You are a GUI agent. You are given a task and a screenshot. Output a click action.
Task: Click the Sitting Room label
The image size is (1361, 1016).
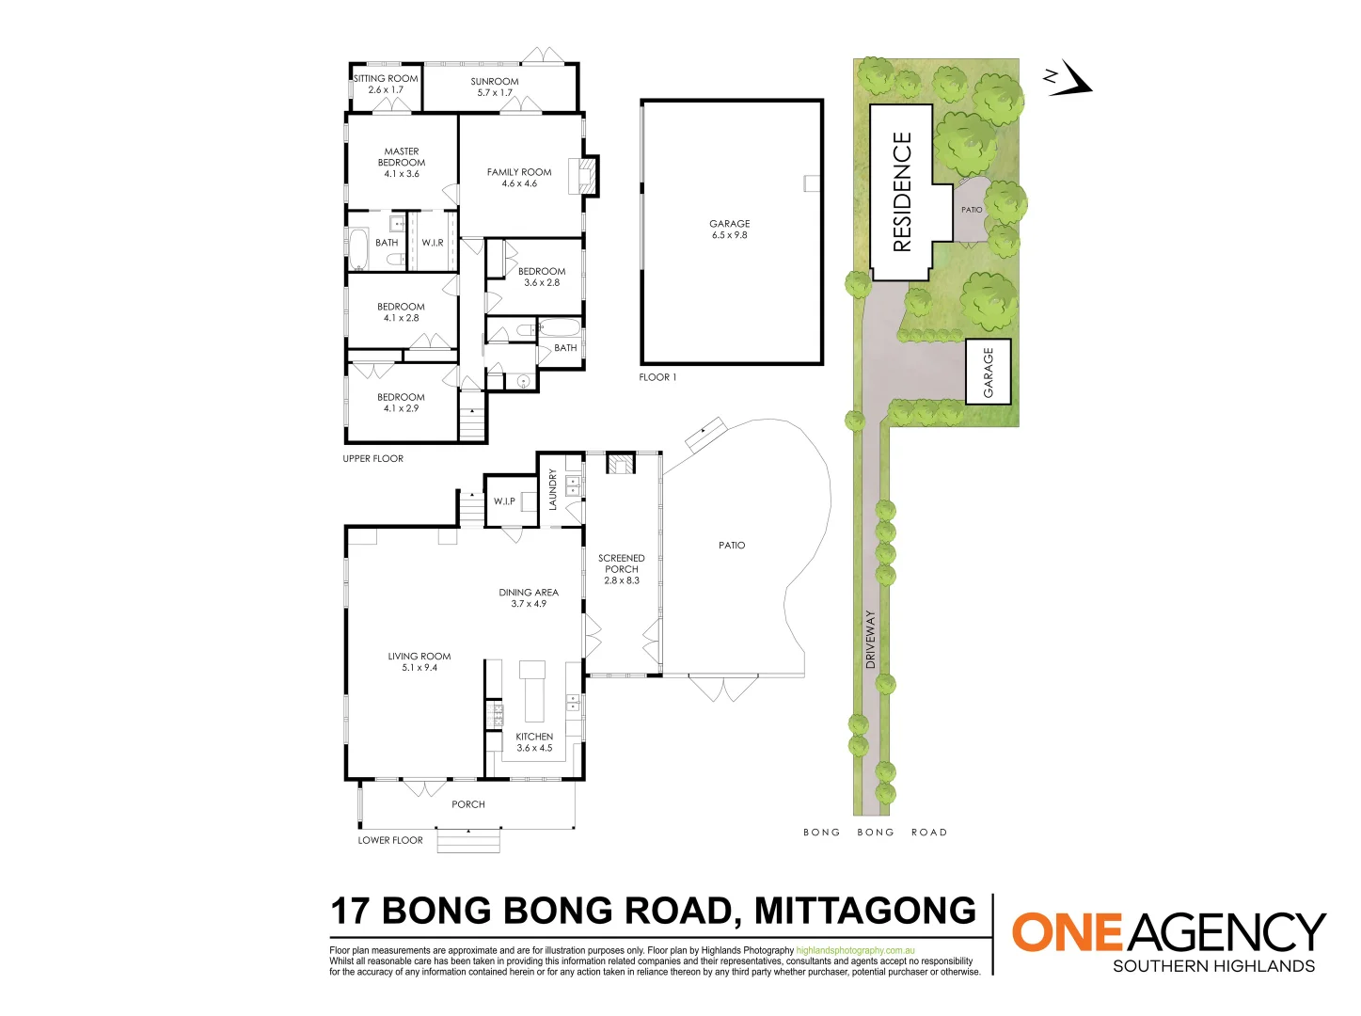[x=386, y=84]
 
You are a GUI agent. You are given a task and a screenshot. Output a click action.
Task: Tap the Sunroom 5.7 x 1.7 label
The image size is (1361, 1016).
[x=495, y=87]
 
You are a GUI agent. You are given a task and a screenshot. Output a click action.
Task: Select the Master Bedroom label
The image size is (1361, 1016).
[x=402, y=162]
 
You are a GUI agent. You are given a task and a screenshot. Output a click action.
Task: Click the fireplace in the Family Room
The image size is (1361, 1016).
[x=588, y=176]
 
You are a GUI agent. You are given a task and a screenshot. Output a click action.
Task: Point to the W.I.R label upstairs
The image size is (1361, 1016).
[x=433, y=243]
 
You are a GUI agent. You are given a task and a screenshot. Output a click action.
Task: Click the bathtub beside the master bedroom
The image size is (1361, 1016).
[x=360, y=248]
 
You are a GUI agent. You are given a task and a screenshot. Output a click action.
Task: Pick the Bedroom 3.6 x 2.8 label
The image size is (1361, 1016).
[x=542, y=277]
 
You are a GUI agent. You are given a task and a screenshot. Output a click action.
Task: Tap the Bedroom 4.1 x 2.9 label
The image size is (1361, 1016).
[x=401, y=403]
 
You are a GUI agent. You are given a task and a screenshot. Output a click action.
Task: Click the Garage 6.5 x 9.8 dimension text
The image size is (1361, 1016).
[x=730, y=235]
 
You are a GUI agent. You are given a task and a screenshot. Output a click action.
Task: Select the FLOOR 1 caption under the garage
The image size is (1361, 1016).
[x=657, y=377]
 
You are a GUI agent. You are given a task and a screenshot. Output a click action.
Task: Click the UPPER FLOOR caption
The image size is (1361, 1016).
[x=372, y=459]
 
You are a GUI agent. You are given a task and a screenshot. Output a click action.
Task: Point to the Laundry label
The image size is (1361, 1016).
[x=553, y=489]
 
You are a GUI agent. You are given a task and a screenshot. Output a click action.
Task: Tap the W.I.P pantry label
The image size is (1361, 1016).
[x=504, y=501]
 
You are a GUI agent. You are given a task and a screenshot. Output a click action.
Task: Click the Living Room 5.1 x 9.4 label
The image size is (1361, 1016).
[x=419, y=661]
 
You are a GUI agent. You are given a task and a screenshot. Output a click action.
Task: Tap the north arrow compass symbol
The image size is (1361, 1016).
[x=1069, y=80]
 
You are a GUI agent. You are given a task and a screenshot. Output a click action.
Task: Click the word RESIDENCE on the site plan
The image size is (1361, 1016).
[x=902, y=192]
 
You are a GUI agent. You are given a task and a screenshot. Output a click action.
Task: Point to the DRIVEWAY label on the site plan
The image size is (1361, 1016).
[x=870, y=640]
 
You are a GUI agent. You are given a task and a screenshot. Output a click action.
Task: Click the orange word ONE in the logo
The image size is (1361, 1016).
[x=1067, y=932]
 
